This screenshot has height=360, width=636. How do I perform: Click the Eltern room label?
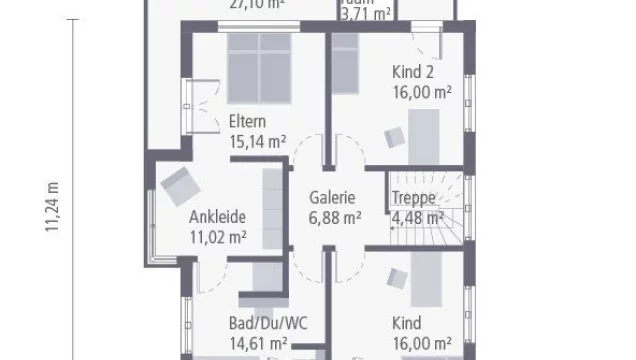coord(247,122)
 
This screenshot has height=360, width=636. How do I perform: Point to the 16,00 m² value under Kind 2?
coord(420,90)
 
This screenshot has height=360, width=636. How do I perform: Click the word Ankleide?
coord(217,217)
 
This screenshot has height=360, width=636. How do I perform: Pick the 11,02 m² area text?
coord(218,236)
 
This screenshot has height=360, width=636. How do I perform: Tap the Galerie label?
coord(333,198)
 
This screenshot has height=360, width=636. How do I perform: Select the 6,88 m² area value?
coord(335,216)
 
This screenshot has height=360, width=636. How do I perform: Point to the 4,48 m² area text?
coord(417,216)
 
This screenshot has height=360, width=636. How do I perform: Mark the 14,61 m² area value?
coord(260,342)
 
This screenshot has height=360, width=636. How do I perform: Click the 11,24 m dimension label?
coord(52,208)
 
